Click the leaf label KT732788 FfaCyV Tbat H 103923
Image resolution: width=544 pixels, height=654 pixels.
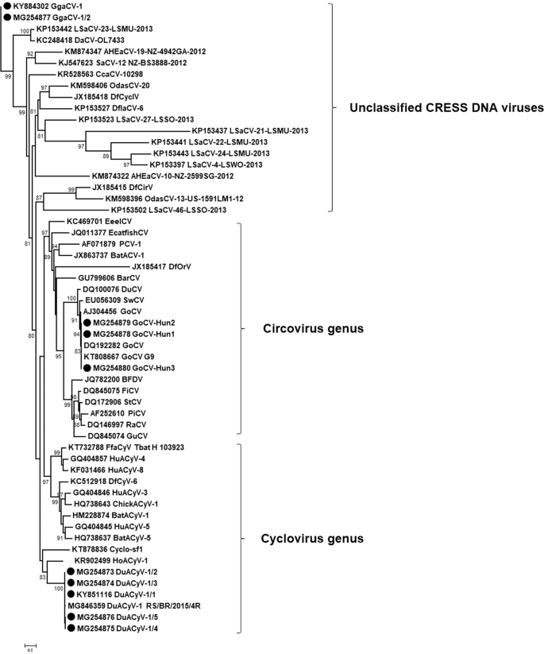[x=126, y=447]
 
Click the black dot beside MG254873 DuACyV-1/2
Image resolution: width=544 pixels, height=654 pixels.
[x=71, y=572]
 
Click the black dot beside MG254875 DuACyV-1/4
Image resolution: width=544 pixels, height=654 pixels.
[x=71, y=629]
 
